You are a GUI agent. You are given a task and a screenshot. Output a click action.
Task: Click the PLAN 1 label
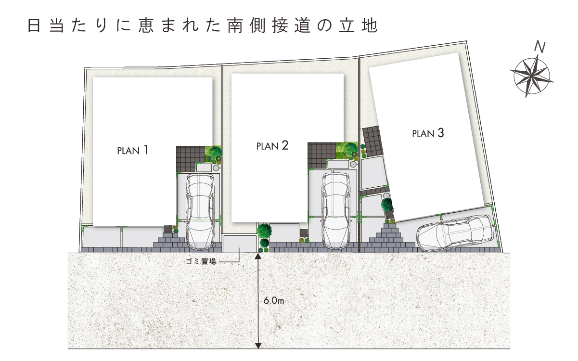point(133,150)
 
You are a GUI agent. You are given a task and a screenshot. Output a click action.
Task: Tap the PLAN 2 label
point(272,145)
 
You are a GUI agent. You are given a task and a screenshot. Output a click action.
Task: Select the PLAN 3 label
point(428,133)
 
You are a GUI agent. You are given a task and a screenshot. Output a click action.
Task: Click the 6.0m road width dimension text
point(274,301)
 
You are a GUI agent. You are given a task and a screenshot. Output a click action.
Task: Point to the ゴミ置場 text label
point(201,261)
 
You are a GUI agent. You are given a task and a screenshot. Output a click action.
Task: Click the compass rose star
point(531,77)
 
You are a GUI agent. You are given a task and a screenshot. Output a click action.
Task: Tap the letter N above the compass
point(540,47)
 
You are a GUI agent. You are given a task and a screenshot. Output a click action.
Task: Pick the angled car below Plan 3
point(456,233)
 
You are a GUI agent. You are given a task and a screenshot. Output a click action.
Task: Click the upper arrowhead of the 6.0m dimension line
point(258,256)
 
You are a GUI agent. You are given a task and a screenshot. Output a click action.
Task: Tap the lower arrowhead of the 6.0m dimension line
point(258,346)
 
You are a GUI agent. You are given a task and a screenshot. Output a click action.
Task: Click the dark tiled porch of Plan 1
point(191,159)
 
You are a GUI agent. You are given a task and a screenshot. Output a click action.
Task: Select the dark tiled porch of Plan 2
point(321,155)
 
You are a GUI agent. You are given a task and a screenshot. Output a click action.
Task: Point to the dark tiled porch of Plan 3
point(372,142)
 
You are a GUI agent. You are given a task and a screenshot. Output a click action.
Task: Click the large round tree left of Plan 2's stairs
point(264,230)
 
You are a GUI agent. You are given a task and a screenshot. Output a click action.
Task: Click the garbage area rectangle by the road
point(240,244)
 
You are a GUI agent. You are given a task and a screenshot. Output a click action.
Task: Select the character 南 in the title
point(235,26)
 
